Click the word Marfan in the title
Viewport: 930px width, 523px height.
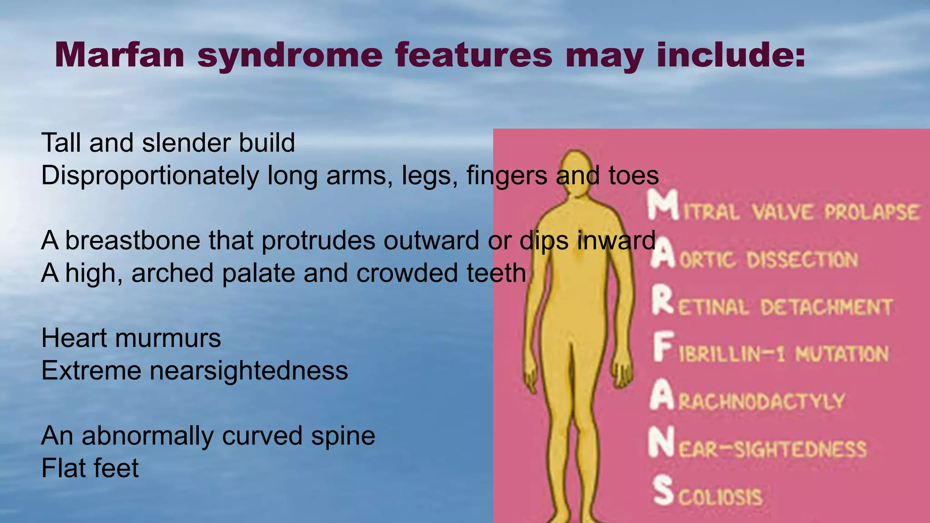119,55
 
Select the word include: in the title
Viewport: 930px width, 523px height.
731,55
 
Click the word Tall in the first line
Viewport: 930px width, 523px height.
61,143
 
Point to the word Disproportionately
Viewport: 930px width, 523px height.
150,176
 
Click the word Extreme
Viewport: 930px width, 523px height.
91,371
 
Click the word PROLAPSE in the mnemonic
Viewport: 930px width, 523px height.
872,212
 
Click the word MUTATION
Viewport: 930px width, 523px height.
842,354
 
